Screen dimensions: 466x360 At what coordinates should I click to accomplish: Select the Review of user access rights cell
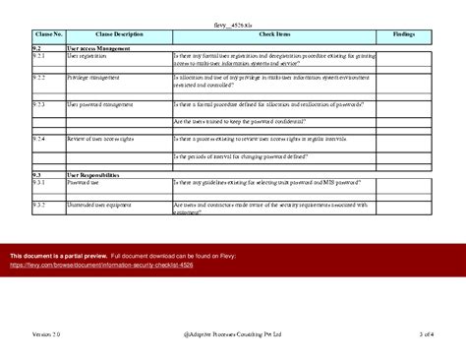(x=105, y=139)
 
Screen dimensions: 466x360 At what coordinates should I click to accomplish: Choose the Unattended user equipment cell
(x=102, y=205)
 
